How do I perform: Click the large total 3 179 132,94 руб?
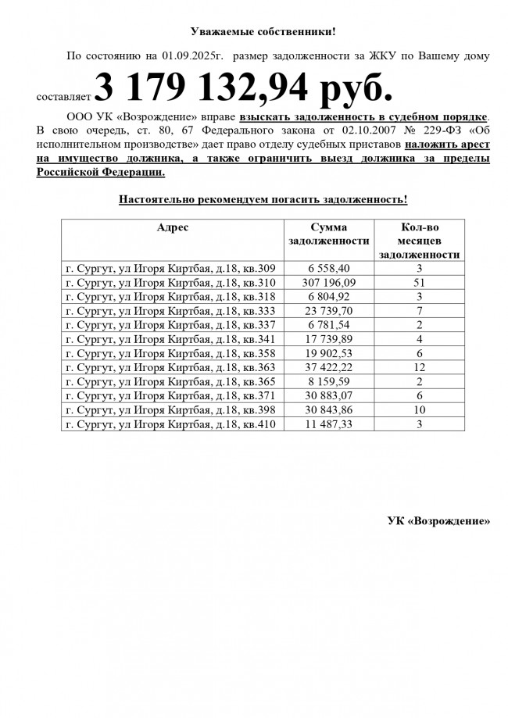coord(242,89)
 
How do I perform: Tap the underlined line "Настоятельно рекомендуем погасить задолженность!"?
coord(263,200)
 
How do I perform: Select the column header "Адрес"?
coord(172,227)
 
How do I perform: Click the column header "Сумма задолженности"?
coord(328,234)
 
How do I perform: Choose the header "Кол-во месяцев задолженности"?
coord(419,241)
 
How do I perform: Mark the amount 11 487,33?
coord(328,424)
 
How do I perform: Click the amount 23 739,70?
coord(328,311)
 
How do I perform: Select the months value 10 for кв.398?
coord(419,410)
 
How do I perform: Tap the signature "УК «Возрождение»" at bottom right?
coord(438,520)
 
